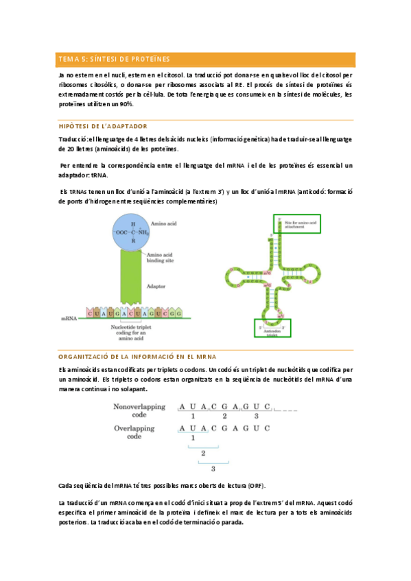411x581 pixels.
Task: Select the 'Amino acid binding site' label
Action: (x=160, y=258)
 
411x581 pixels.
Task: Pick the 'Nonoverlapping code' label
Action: (x=139, y=410)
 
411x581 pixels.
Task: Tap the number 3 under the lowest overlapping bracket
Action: (x=213, y=469)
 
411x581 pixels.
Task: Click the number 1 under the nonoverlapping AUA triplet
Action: (x=193, y=416)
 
